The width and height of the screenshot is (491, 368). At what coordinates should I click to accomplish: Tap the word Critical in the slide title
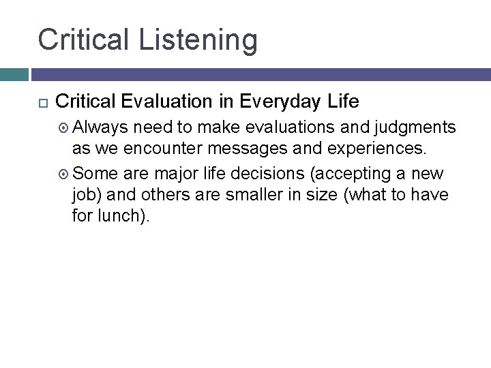(83, 39)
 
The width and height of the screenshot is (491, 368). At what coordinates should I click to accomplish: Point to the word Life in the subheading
(344, 102)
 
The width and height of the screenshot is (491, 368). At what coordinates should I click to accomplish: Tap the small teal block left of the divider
(14, 74)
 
